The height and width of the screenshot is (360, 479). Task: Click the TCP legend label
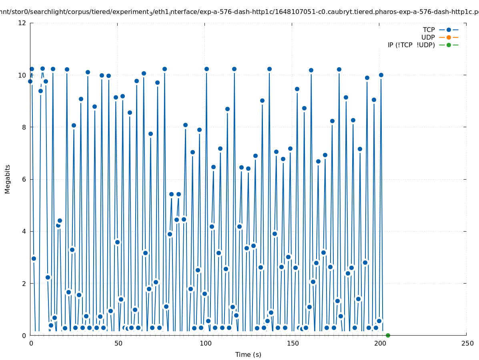429,30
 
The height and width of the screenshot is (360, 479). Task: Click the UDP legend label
428,37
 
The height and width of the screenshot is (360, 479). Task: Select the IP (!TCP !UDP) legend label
411,45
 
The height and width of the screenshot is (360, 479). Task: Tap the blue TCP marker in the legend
449,30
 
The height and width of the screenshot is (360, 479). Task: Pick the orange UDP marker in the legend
449,37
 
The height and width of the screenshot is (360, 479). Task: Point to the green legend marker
449,45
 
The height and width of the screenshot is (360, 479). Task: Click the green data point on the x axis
388,335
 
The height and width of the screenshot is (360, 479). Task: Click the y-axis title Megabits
8,179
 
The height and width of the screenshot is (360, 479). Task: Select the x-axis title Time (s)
248,354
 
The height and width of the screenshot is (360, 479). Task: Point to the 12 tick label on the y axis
22,23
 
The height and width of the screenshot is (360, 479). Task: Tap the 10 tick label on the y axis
22,75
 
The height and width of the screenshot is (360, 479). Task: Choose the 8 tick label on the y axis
24,127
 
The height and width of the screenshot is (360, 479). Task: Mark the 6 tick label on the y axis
24,179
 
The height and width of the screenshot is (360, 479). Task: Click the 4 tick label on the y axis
24,231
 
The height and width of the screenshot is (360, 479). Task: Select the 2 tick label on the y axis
24,283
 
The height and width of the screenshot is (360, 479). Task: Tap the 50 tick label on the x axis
118,343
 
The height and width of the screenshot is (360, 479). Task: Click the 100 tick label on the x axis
205,343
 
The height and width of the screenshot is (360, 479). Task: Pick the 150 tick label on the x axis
292,343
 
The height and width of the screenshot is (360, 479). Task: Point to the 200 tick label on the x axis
379,343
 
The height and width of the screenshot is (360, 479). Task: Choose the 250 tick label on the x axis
467,343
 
